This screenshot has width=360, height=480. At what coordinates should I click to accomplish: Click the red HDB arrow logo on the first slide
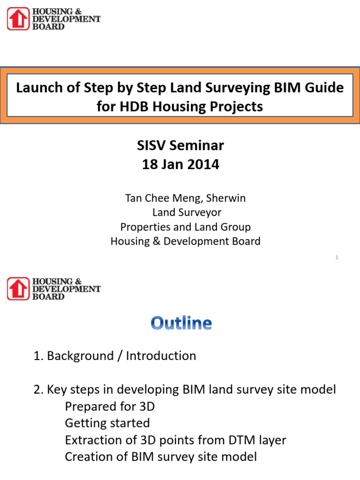pyautogui.click(x=18, y=19)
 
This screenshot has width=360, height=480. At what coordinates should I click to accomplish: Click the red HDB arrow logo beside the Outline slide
pyautogui.click(x=18, y=288)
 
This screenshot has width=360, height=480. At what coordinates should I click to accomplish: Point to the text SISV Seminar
pyautogui.click(x=180, y=146)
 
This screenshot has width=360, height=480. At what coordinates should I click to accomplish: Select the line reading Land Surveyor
pyautogui.click(x=187, y=213)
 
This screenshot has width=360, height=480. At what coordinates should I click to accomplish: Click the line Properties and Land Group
pyautogui.click(x=185, y=227)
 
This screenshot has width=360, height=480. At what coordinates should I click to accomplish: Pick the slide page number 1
pyautogui.click(x=337, y=257)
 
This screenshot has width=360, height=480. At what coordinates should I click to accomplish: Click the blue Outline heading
pyautogui.click(x=181, y=323)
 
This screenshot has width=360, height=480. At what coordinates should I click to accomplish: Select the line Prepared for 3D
pyautogui.click(x=110, y=406)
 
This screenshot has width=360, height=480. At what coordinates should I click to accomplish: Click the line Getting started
pyautogui.click(x=107, y=423)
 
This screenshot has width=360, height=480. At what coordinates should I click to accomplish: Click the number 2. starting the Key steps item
pyautogui.click(x=39, y=390)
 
